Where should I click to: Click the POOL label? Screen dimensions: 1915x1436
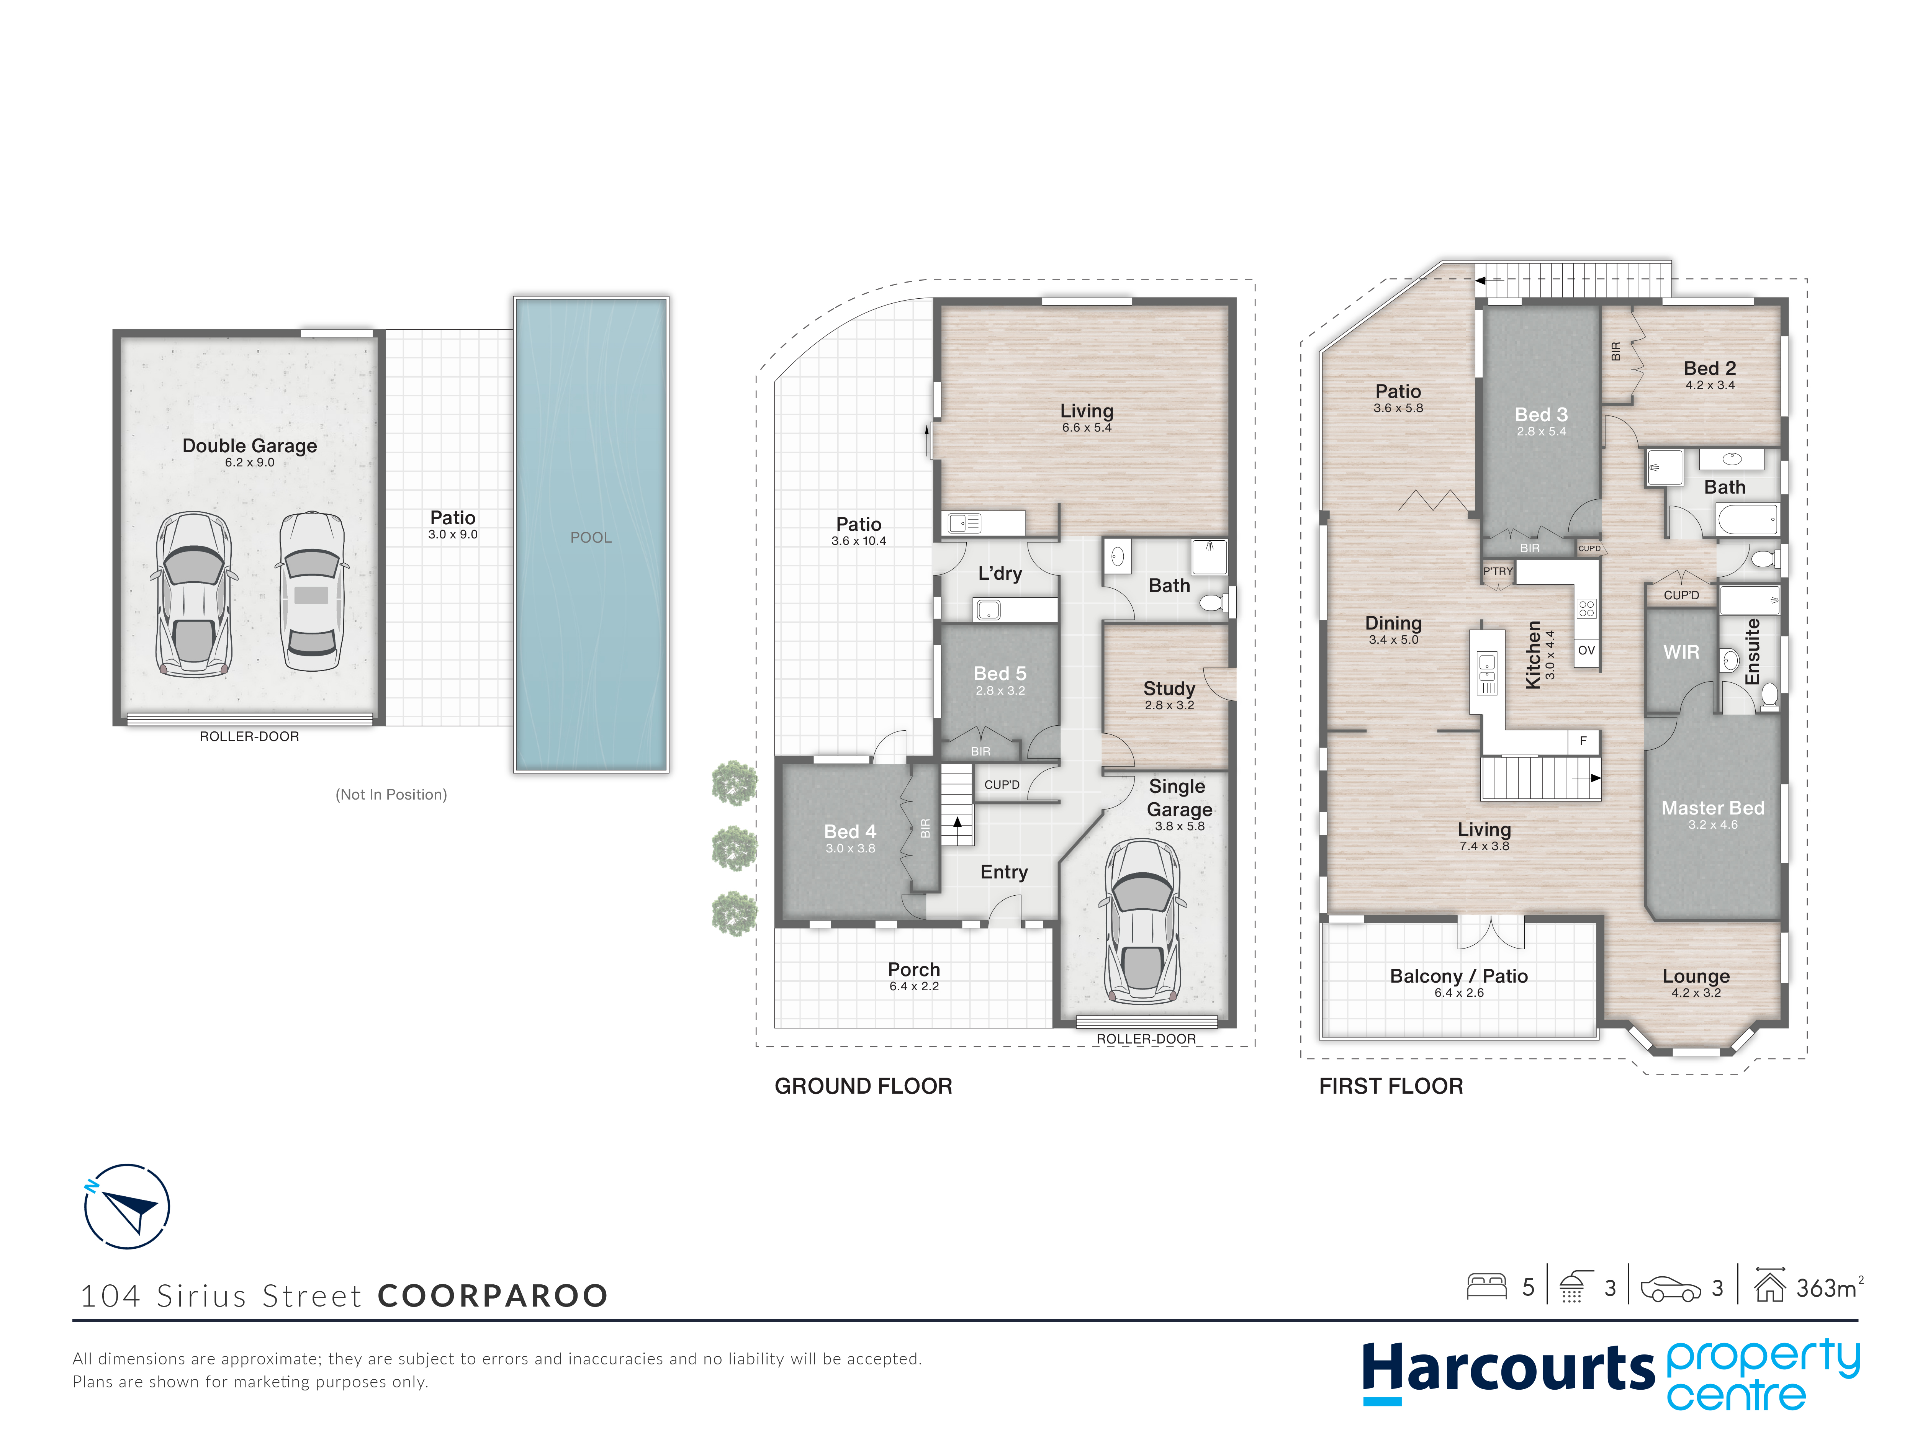pyautogui.click(x=591, y=538)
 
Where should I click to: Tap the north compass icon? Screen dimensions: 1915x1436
pyautogui.click(x=127, y=1206)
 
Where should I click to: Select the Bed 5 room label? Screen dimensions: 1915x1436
pyautogui.click(x=1000, y=674)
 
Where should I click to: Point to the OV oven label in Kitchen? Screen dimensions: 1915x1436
pyautogui.click(x=1586, y=650)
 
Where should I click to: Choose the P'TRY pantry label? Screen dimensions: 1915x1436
pyautogui.click(x=1498, y=571)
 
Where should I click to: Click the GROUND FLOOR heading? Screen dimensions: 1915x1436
pyautogui.click(x=863, y=1086)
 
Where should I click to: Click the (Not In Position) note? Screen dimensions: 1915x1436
pyautogui.click(x=391, y=795)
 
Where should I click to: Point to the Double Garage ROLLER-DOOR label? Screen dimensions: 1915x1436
pyautogui.click(x=249, y=737)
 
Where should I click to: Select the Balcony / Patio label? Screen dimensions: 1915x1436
pyautogui.click(x=1459, y=976)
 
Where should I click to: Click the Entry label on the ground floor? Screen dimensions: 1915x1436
pyautogui.click(x=1004, y=872)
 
